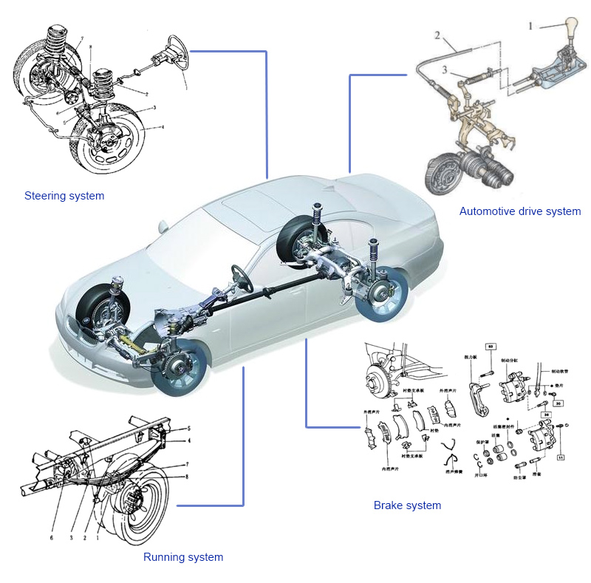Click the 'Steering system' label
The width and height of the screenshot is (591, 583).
(x=64, y=196)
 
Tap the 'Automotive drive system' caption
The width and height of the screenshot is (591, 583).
(x=520, y=211)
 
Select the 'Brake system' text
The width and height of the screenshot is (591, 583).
(x=407, y=505)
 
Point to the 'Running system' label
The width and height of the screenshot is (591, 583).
(x=183, y=557)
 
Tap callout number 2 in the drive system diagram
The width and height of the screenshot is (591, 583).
(x=437, y=35)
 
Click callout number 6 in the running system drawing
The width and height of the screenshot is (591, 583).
(x=52, y=538)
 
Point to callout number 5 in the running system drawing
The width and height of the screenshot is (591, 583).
(x=189, y=429)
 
